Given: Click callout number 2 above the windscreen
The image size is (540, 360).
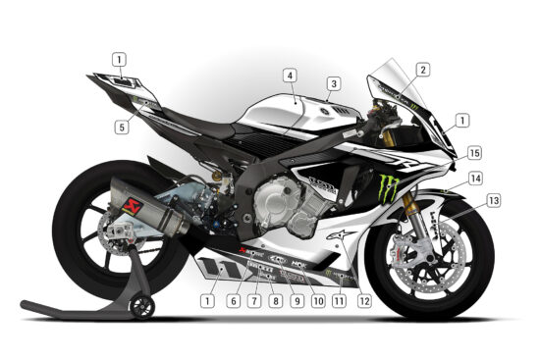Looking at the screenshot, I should [422, 70].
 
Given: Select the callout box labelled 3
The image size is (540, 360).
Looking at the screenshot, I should [334, 84].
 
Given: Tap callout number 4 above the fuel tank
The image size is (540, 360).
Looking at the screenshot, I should [291, 75].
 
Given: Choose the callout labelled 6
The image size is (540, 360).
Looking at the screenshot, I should [234, 301].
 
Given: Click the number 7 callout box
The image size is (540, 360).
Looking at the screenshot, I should [254, 301].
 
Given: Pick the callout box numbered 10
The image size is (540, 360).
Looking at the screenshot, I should [318, 301].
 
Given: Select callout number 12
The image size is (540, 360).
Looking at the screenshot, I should [365, 301].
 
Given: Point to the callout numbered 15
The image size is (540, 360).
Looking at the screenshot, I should [474, 153].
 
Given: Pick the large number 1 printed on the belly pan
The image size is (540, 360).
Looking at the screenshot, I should [210, 265].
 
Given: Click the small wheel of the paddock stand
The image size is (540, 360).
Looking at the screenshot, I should [144, 309].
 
